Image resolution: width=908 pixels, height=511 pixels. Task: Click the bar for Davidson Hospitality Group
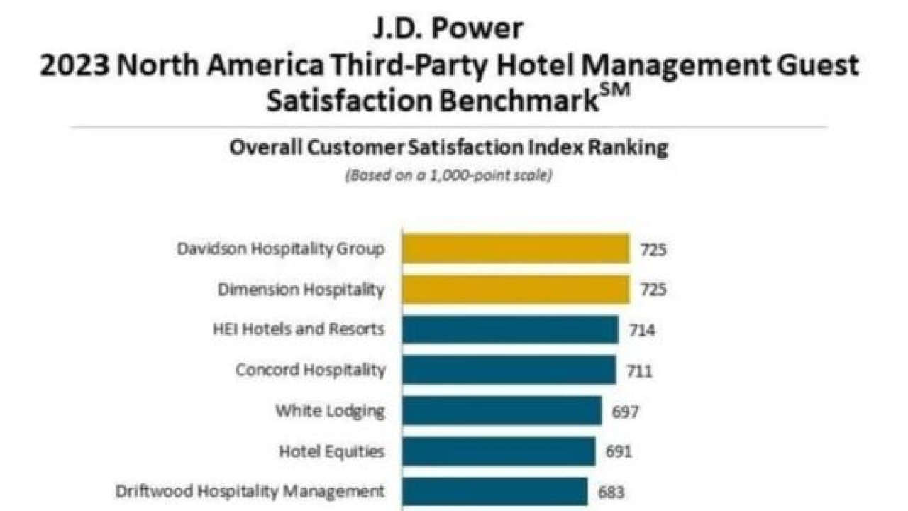point(516,249)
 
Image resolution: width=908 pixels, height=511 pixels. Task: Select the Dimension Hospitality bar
point(516,290)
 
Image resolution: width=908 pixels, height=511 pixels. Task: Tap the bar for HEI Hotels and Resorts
point(510,329)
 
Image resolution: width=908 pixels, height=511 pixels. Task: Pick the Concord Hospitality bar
point(509,370)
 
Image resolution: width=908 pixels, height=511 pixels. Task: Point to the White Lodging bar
point(502,410)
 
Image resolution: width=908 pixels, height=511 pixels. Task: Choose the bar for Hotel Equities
point(498,451)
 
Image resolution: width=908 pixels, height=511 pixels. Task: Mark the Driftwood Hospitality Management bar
point(494,490)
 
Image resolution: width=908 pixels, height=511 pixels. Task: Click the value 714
point(641,330)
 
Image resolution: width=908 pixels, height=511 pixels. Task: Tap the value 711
point(639,370)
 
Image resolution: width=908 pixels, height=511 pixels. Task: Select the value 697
point(625,411)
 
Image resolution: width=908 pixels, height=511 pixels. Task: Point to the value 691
point(619,451)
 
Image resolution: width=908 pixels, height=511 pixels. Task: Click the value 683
point(611,491)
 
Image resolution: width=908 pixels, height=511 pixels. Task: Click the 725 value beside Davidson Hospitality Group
point(653,250)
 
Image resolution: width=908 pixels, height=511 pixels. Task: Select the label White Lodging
point(331,410)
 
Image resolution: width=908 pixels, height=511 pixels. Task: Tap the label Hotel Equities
point(332,451)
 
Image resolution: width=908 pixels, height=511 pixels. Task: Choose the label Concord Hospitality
point(311,370)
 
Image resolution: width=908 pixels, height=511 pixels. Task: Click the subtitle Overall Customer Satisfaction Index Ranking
point(448,148)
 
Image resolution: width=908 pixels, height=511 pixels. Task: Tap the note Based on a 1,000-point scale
point(448,175)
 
